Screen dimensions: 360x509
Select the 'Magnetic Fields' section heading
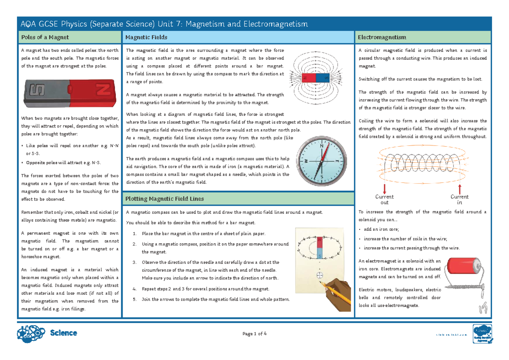click(146, 37)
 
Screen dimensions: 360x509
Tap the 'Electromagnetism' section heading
click(382, 37)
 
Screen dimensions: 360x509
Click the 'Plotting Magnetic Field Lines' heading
click(165, 198)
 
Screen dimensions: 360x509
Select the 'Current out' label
click(385, 199)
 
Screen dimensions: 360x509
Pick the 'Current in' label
click(459, 199)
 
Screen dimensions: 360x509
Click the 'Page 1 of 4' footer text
click(255, 334)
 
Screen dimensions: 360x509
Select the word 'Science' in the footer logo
click(63, 333)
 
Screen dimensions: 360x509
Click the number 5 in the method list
click(134, 299)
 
